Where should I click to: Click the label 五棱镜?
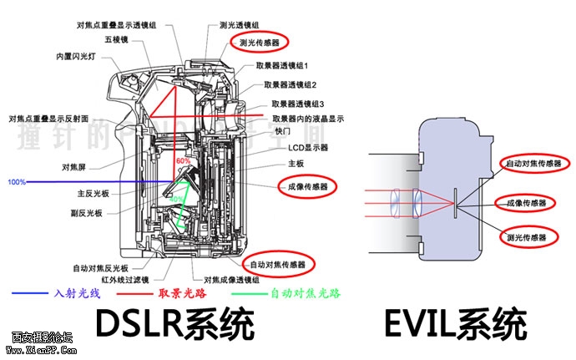pyautogui.click(x=116, y=38)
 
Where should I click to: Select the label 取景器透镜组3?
pyautogui.click(x=298, y=104)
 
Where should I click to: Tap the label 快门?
pyautogui.click(x=282, y=132)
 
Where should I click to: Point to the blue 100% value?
pyautogui.click(x=17, y=181)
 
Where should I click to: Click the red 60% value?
pyautogui.click(x=184, y=160)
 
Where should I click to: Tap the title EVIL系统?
pyautogui.click(x=456, y=323)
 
